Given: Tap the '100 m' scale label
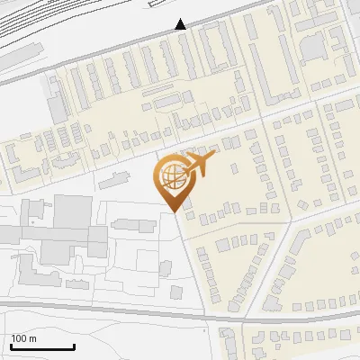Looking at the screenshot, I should tap(23, 338).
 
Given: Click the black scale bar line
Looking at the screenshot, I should tap(42, 347).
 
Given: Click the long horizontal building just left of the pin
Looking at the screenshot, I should tap(126, 180).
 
